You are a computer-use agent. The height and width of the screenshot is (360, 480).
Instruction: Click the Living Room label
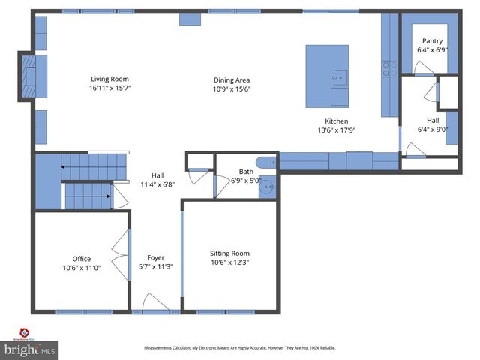(110, 79)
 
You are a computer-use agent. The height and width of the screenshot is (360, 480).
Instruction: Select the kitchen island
(327, 76)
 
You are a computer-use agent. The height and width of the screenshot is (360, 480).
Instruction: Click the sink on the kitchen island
(340, 76)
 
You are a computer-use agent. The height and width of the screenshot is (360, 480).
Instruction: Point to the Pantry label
(432, 41)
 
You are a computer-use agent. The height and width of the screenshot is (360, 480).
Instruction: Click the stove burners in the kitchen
(390, 69)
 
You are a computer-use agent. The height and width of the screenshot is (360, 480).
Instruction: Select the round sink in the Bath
(267, 187)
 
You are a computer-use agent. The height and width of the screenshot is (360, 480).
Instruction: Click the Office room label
(82, 259)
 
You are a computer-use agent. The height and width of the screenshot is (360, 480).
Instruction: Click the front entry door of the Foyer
(156, 302)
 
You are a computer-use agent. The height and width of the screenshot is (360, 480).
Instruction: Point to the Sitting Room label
(229, 253)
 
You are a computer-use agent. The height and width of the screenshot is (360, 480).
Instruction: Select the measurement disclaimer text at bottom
(240, 347)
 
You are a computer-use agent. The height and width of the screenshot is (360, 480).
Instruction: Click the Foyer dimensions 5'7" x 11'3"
(156, 266)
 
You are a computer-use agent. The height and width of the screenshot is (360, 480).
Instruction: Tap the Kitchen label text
(336, 121)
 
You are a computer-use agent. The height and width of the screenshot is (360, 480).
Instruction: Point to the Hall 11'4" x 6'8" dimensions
(157, 184)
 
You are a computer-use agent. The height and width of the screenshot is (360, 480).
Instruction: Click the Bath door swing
(223, 181)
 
